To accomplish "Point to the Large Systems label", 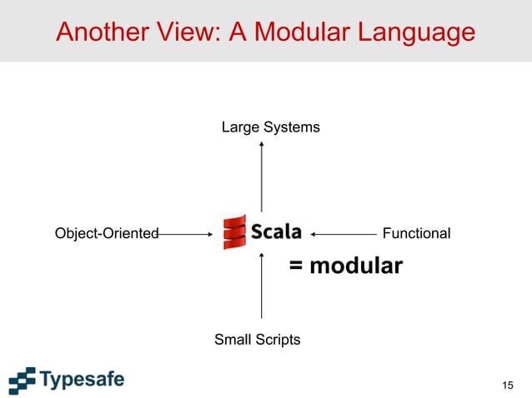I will (270, 127).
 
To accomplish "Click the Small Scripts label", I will (257, 340).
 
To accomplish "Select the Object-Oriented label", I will (107, 233).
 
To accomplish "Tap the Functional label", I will (415, 233).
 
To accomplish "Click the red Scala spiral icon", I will (235, 232).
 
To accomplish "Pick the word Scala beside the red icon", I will (276, 232).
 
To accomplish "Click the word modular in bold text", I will (356, 266).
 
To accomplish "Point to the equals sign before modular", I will (295, 267).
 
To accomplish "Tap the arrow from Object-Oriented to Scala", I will (185, 234).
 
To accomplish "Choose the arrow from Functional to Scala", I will (344, 234).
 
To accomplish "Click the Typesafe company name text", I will (82, 380).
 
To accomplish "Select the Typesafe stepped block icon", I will (23, 380).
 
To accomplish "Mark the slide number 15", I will (508, 384).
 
